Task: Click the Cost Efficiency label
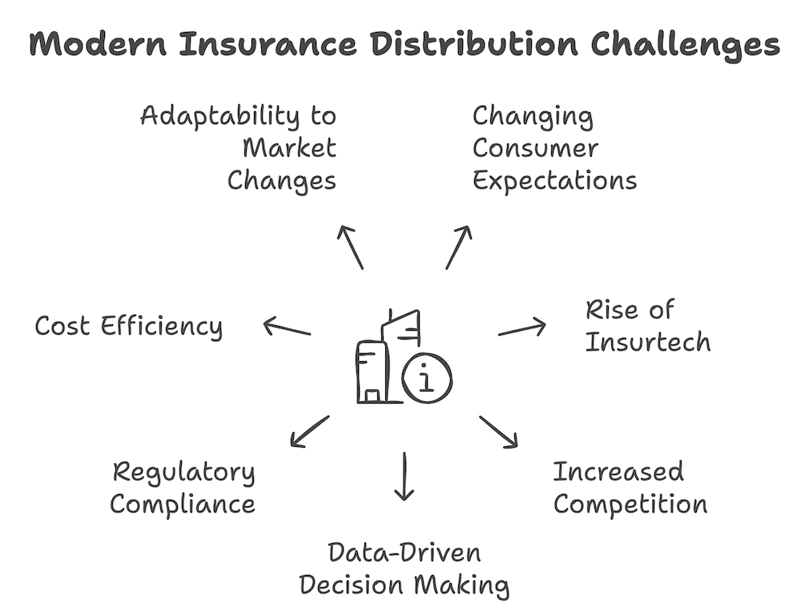click(129, 327)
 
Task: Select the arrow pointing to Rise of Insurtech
click(521, 328)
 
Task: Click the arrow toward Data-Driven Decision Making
click(405, 476)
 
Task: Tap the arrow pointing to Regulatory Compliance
click(309, 431)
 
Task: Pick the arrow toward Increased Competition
click(499, 432)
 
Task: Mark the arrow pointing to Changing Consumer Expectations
click(459, 246)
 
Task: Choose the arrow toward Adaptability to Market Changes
click(350, 246)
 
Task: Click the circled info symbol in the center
click(426, 378)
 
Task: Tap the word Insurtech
click(648, 342)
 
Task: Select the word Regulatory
click(184, 472)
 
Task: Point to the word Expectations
click(554, 181)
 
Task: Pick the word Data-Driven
click(405, 553)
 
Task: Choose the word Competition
click(630, 505)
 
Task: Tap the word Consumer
click(535, 148)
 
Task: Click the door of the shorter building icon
click(372, 395)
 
